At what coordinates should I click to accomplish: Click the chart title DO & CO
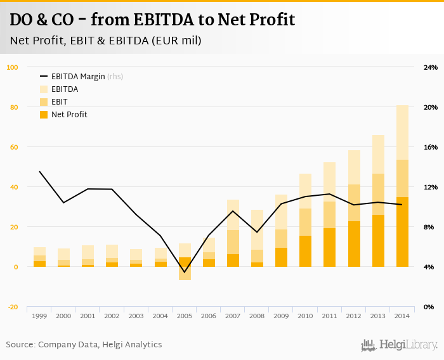pyautogui.click(x=152, y=20)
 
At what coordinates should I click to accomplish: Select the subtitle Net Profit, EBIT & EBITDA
pyautogui.click(x=106, y=41)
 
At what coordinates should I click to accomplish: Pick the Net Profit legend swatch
pyautogui.click(x=44, y=115)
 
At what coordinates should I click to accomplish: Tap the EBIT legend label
pyautogui.click(x=60, y=102)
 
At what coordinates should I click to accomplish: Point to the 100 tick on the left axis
pyautogui.click(x=13, y=67)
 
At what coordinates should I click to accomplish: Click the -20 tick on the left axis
pyautogui.click(x=13, y=307)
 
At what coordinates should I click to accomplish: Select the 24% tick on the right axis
pyautogui.click(x=431, y=67)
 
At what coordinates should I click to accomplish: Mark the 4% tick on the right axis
pyautogui.click(x=429, y=267)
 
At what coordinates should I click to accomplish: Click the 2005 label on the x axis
pyautogui.click(x=185, y=316)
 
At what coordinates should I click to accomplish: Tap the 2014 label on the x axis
pyautogui.click(x=402, y=316)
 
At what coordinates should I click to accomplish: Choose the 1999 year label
pyautogui.click(x=39, y=316)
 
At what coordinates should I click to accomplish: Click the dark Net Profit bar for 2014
pyautogui.click(x=402, y=232)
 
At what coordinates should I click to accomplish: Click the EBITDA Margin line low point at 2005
pyautogui.click(x=185, y=273)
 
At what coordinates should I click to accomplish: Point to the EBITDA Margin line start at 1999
pyautogui.click(x=39, y=171)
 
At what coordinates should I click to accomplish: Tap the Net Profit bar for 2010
pyautogui.click(x=306, y=251)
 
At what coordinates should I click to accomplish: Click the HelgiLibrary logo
pyautogui.click(x=399, y=345)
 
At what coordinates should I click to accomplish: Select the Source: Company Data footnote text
pyautogui.click(x=84, y=345)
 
